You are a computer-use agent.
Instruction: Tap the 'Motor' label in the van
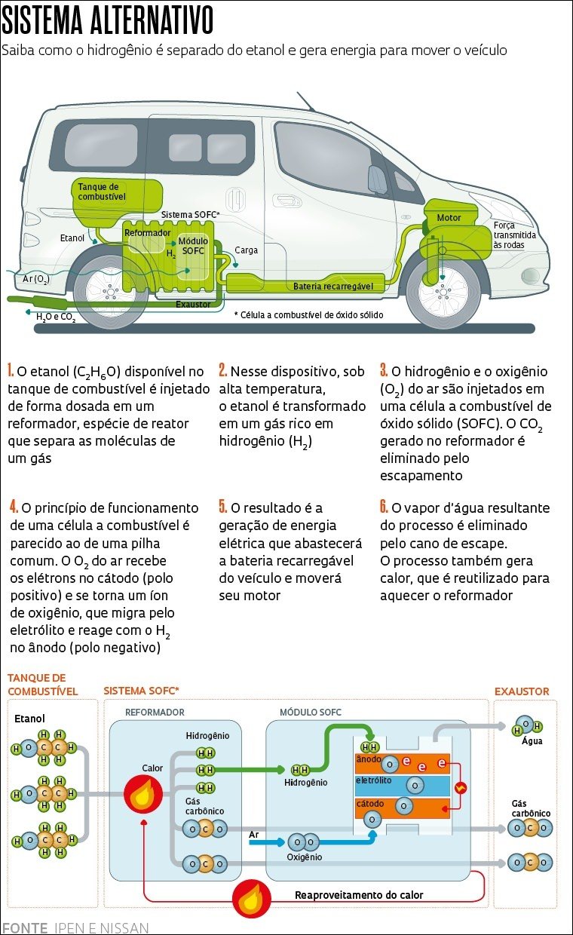449,218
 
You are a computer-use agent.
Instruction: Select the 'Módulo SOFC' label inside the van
193,246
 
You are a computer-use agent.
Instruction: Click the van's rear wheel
111,292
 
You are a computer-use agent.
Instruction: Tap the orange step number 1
11,371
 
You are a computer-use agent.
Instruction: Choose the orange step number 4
14,507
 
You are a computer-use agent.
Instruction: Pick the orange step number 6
384,507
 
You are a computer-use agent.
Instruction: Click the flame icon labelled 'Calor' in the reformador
143,793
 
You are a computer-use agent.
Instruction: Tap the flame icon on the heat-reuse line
251,900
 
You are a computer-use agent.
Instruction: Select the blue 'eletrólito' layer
402,785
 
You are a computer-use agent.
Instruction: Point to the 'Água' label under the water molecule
532,741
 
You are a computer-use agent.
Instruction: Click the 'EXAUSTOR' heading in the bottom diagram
522,691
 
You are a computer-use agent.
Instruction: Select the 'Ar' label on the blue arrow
254,834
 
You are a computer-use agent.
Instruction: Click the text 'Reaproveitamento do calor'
359,895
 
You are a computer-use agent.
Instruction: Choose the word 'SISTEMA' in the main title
47,21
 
